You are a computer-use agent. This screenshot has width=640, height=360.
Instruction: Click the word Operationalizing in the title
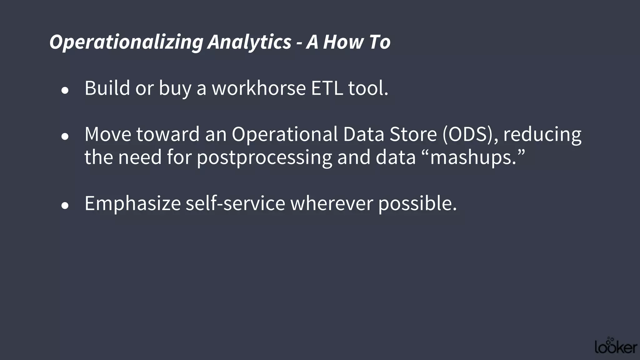tap(126, 42)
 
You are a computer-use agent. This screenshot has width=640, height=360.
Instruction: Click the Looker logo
tap(616, 346)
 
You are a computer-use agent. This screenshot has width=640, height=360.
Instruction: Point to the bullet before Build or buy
tap(65, 91)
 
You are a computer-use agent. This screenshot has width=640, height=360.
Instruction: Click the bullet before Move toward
tap(65, 137)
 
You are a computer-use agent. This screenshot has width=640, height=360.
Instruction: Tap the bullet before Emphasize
tap(65, 206)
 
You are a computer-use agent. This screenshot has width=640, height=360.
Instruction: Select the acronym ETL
tap(327, 88)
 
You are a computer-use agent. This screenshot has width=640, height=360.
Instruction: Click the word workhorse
tap(259, 88)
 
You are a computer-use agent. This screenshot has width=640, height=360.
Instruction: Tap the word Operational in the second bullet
tap(285, 134)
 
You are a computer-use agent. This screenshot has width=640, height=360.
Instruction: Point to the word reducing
tap(542, 134)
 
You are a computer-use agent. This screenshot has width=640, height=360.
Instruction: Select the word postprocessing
tap(264, 157)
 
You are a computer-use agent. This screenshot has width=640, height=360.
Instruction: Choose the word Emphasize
tap(132, 203)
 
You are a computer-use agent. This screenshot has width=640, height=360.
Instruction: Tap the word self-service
tap(235, 203)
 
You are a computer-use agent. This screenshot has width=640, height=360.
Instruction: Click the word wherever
tap(332, 203)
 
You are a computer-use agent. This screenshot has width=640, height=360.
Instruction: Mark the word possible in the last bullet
tap(417, 203)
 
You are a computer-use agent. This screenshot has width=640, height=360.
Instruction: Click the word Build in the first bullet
tap(107, 88)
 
